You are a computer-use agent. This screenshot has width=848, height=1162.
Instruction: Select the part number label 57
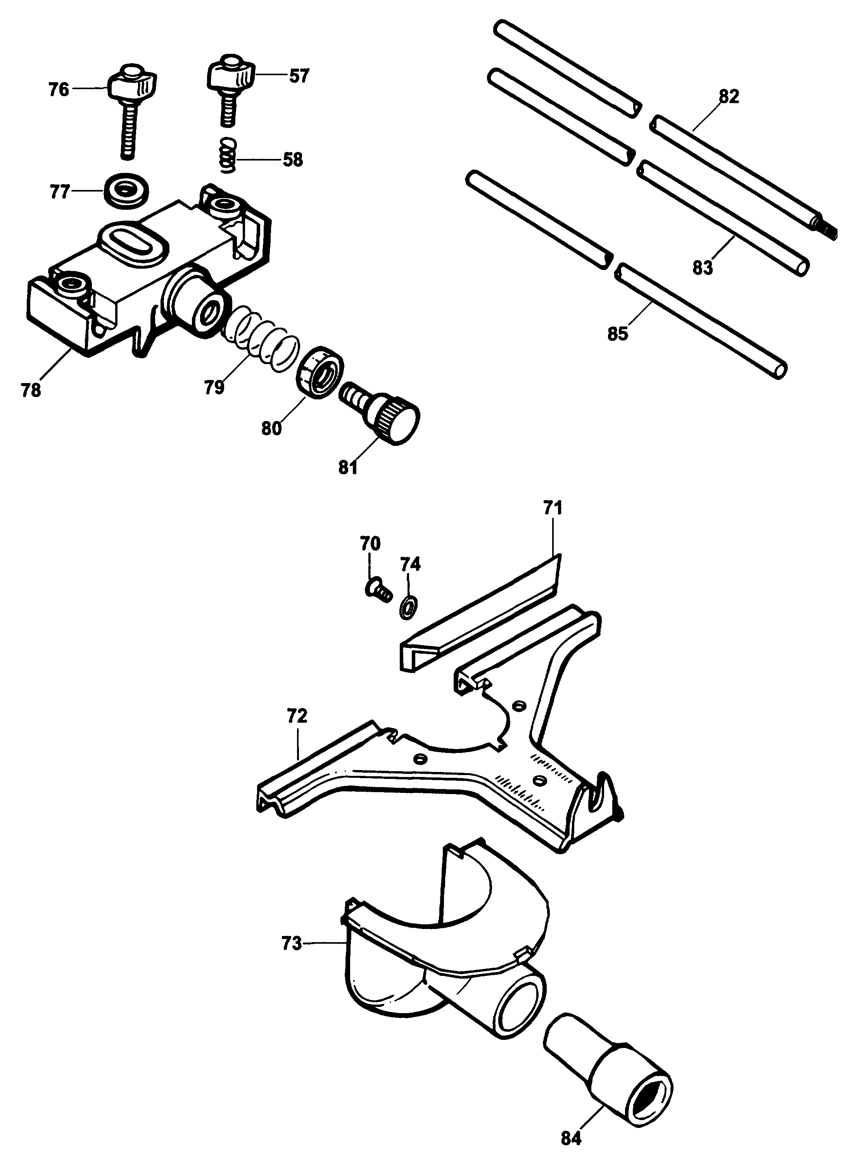(x=299, y=76)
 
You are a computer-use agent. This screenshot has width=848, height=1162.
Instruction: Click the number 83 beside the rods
(x=702, y=268)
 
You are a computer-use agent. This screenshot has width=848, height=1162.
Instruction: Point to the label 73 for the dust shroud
(x=292, y=943)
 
